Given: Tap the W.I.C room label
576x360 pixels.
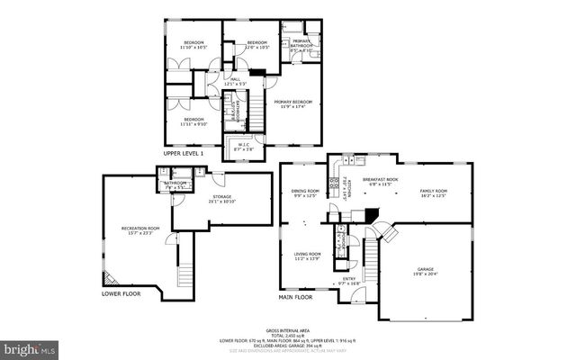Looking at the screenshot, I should [x=243, y=146].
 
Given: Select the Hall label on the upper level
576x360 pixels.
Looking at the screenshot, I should [x=237, y=81].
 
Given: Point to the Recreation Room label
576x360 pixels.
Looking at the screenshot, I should [x=140, y=230].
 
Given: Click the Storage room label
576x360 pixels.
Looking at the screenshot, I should [x=221, y=198].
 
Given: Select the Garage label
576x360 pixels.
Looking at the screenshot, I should [x=425, y=271].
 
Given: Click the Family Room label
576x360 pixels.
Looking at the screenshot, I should [x=434, y=193].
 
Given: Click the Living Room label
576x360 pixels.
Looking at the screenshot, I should [x=308, y=256].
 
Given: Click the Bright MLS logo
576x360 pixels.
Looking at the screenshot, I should [x=30, y=346].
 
